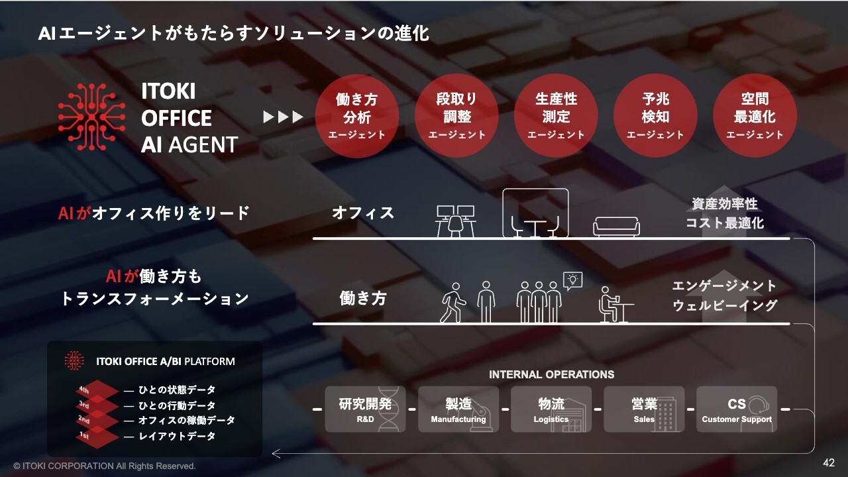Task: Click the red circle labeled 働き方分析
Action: pyautogui.click(x=356, y=115)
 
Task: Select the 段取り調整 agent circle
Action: pyautogui.click(x=456, y=115)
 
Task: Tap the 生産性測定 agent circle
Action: pyautogui.click(x=556, y=115)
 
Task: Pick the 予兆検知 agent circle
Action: pyautogui.click(x=655, y=115)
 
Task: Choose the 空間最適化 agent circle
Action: pyautogui.click(x=755, y=115)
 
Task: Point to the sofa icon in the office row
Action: pyautogui.click(x=616, y=226)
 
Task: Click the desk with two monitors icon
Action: pyautogui.click(x=456, y=221)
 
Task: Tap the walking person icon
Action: pyautogui.click(x=454, y=303)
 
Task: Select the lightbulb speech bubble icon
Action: pyautogui.click(x=572, y=280)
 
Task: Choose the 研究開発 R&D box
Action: pyautogui.click(x=365, y=409)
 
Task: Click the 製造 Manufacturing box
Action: pyautogui.click(x=458, y=409)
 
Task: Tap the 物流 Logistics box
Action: pyautogui.click(x=551, y=409)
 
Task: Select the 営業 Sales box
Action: pyautogui.click(x=644, y=409)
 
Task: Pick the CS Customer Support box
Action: pyautogui.click(x=737, y=409)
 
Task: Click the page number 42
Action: pyautogui.click(x=828, y=462)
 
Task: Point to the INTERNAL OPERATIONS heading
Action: pyautogui.click(x=551, y=374)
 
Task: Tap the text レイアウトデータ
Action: pyautogui.click(x=177, y=437)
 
